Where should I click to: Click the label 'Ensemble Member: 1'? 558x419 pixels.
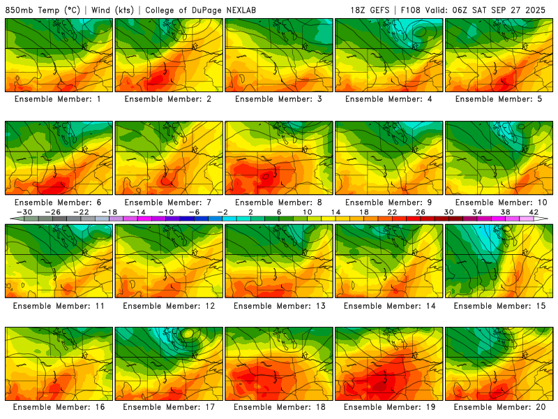pyautogui.click(x=59, y=99)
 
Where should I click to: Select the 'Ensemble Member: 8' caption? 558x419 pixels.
pyautogui.click(x=280, y=202)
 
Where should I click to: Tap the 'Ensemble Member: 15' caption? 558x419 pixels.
pyautogui.click(x=500, y=306)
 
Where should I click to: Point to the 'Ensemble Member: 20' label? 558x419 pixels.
pyautogui.click(x=500, y=406)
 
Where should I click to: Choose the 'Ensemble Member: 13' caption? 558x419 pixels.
pyautogui.click(x=280, y=306)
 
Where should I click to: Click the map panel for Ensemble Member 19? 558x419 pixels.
pyautogui.click(x=389, y=364)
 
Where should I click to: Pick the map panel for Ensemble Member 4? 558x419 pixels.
pyautogui.click(x=389, y=55)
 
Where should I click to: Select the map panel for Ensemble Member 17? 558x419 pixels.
pyautogui.click(x=169, y=364)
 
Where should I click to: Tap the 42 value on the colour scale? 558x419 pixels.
pyautogui.click(x=534, y=212)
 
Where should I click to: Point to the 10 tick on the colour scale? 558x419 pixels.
pyautogui.click(x=308, y=212)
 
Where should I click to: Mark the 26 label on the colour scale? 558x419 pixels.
pyautogui.click(x=421, y=212)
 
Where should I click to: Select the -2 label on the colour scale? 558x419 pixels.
pyautogui.click(x=223, y=212)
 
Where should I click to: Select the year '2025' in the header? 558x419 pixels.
pyautogui.click(x=539, y=10)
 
